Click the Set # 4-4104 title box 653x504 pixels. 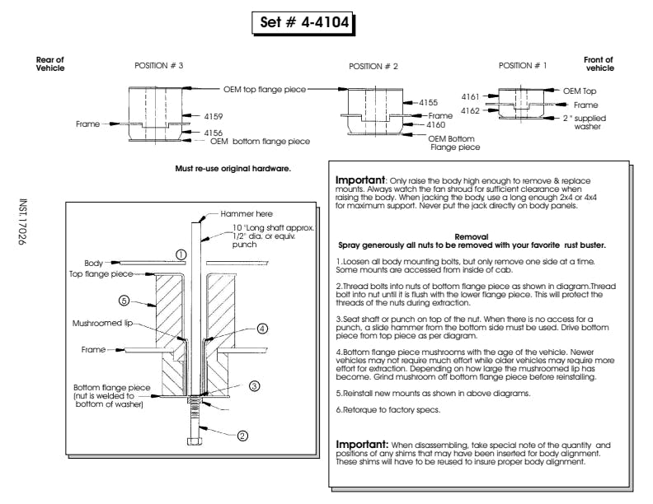point(303,23)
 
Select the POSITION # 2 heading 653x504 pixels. point(373,66)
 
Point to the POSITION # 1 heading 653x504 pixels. point(523,65)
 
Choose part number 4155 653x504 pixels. point(428,102)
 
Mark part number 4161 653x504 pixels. point(470,97)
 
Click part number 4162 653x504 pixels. point(470,110)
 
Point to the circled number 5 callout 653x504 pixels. point(124,300)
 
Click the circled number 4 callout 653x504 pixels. point(261,328)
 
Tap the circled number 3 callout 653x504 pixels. point(255,385)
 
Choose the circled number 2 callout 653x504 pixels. point(242,436)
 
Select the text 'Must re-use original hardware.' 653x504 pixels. point(233,170)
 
